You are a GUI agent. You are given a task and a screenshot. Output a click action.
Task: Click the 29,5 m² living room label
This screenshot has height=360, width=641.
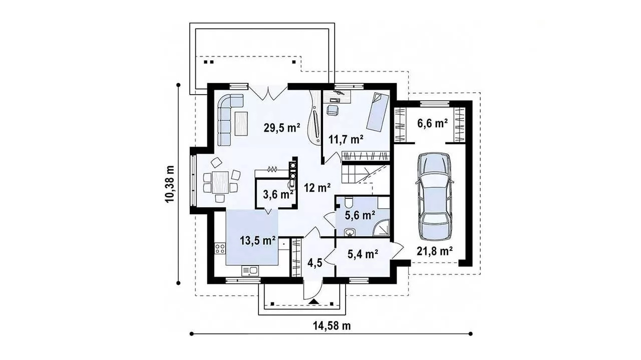(x=282, y=128)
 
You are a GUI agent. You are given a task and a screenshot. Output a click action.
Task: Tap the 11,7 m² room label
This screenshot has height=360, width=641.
(x=346, y=139)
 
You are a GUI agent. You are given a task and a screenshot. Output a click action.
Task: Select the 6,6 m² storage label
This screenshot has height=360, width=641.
(x=432, y=123)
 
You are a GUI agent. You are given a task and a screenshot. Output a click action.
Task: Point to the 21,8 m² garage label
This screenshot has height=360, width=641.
(x=434, y=251)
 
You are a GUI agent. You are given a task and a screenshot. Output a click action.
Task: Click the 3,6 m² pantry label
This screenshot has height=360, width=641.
(x=278, y=195)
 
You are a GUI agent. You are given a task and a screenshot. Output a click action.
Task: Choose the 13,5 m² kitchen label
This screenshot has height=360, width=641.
(x=258, y=240)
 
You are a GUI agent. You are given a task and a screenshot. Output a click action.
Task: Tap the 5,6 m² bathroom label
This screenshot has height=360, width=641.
(x=360, y=215)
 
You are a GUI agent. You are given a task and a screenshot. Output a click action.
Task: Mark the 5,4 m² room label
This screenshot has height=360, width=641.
(x=363, y=253)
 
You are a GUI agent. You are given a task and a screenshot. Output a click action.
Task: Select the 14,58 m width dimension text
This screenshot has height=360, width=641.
(x=332, y=325)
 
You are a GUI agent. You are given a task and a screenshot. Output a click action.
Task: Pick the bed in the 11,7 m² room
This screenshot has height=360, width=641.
(x=378, y=112)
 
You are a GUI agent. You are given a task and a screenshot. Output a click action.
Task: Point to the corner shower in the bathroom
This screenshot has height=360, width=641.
(x=382, y=229)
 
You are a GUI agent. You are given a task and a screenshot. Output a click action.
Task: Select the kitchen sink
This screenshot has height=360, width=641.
(x=50, y=270)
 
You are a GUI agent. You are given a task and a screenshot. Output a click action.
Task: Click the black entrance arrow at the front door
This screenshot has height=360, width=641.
(x=314, y=301)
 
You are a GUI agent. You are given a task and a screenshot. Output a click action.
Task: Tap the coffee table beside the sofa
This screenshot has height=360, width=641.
(x=241, y=123)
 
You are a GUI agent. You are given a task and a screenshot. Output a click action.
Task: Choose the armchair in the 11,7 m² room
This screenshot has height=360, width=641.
(x=332, y=110)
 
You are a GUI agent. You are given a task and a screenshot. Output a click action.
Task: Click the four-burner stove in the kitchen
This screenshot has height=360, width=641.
(x=220, y=248)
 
